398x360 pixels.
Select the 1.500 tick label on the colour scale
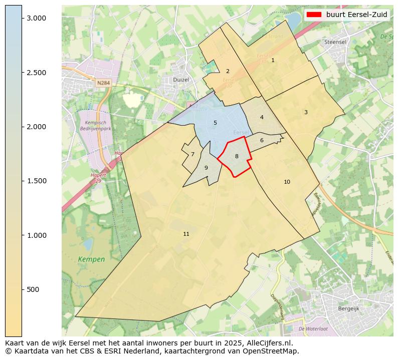(x=36, y=181)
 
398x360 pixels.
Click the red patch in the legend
(x=314, y=15)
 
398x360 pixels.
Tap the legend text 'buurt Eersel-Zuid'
(x=356, y=15)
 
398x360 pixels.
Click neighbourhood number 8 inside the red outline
(x=237, y=156)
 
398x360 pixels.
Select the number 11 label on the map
(x=186, y=234)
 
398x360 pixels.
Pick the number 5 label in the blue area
(x=215, y=123)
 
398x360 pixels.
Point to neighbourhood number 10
(x=287, y=182)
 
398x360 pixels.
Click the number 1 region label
(x=273, y=60)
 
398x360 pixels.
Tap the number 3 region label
(x=306, y=112)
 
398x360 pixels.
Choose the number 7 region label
(x=192, y=154)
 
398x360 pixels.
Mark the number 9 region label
(x=206, y=168)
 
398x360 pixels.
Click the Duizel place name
(x=181, y=79)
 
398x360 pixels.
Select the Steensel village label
(x=335, y=42)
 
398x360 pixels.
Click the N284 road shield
(x=104, y=83)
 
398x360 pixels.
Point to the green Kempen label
(x=92, y=259)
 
